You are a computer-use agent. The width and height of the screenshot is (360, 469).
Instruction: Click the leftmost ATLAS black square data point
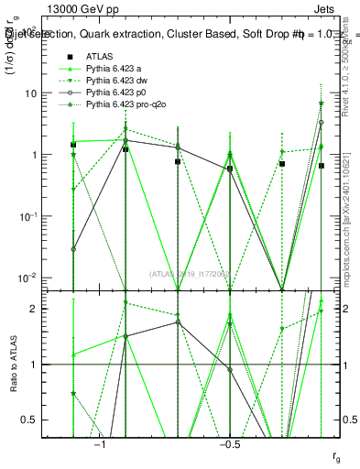coord(73,145)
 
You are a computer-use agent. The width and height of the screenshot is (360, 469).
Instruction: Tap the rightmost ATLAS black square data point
coord(322,166)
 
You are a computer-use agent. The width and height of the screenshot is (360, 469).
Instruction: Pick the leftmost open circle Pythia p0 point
coord(73,248)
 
